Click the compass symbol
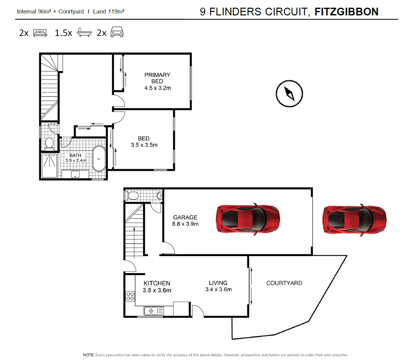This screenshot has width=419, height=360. (289, 94)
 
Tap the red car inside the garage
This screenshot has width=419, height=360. (248, 219)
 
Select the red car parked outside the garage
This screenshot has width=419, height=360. (354, 219)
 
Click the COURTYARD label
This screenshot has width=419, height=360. (284, 283)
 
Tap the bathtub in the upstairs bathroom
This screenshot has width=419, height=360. (99, 159)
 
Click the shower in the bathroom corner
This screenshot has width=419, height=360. (49, 166)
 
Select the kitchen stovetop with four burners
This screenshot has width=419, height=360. (130, 296)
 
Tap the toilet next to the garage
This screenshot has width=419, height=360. (132, 196)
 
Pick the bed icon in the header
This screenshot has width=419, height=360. (40, 33)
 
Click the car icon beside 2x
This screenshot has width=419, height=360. (117, 32)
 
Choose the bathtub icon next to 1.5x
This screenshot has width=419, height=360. (84, 32)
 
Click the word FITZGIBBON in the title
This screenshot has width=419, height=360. (346, 12)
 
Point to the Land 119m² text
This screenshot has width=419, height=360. (109, 12)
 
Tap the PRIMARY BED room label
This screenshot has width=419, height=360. (157, 78)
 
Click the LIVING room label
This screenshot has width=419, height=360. (218, 283)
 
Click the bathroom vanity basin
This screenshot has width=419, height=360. (75, 174)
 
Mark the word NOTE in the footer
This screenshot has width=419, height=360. (89, 355)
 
